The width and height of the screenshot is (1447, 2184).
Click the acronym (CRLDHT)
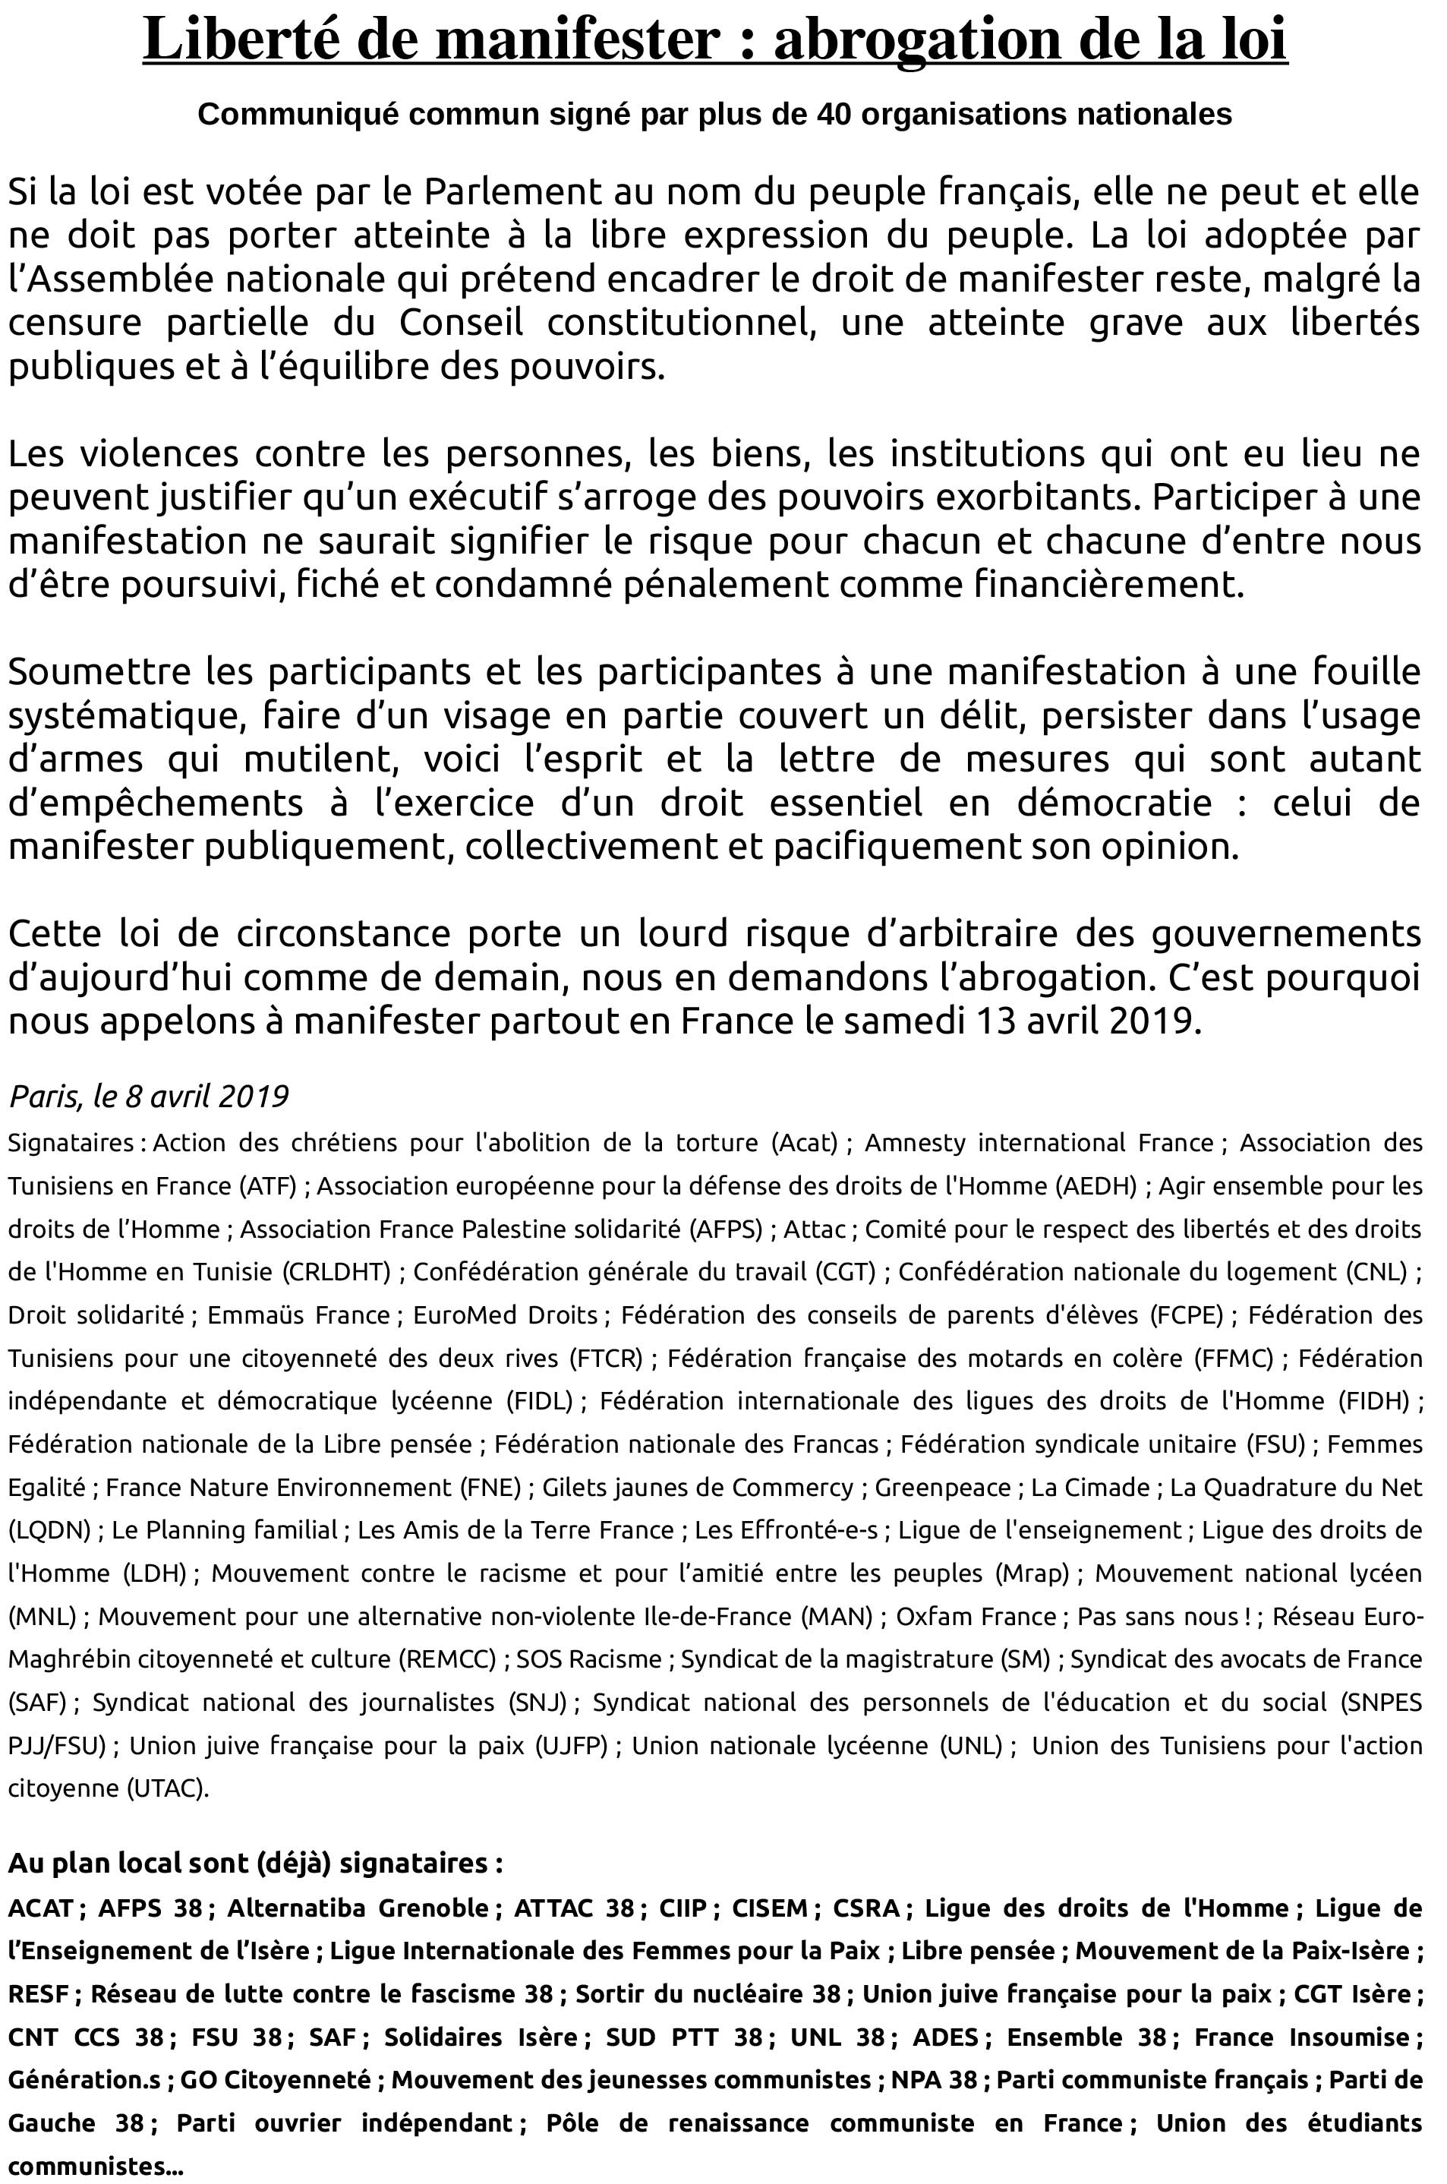(x=337, y=1272)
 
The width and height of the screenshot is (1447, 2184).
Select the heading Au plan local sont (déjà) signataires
(x=254, y=1863)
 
